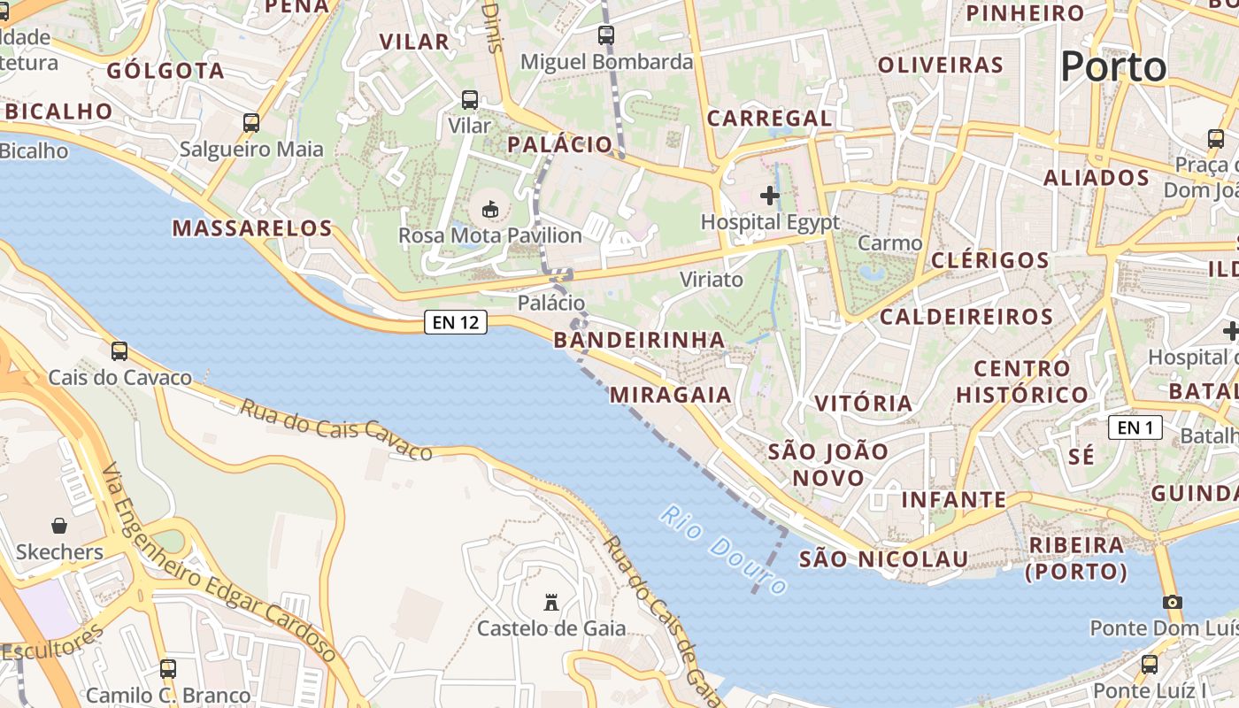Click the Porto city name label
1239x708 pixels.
[1113, 66]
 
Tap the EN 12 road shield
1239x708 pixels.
[457, 322]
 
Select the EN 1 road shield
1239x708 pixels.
[1135, 428]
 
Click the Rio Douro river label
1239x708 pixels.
[724, 550]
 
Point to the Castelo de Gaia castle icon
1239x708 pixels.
[551, 603]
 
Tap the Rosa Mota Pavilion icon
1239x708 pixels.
[489, 209]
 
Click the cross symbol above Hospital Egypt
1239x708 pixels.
[770, 195]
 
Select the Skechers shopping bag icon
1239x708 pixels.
[59, 526]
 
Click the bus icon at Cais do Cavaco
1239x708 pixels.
[119, 351]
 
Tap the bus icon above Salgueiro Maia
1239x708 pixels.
[251, 123]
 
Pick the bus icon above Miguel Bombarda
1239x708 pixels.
[606, 35]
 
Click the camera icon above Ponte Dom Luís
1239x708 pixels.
[1173, 602]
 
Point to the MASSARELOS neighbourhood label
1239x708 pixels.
[252, 228]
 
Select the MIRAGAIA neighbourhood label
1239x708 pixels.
[671, 395]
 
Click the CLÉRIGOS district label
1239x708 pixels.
[989, 260]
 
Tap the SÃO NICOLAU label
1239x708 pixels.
[883, 559]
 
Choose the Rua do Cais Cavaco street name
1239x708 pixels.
[336, 429]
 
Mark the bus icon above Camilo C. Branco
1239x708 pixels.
[168, 669]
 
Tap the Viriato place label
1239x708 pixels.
[712, 280]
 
